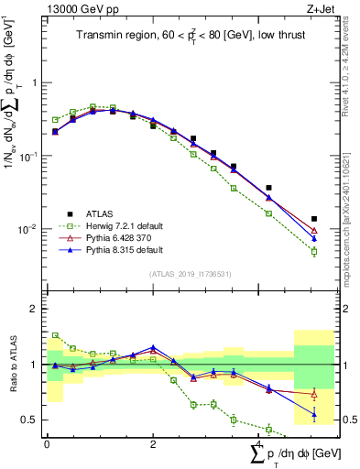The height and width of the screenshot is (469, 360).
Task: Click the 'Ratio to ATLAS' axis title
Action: pos(15,365)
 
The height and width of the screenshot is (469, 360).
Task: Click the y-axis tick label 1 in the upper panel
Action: pos(34,82)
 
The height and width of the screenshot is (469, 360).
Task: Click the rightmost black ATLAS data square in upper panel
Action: pos(314,219)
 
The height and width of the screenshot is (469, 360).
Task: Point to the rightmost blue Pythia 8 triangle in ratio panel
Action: pos(314,415)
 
